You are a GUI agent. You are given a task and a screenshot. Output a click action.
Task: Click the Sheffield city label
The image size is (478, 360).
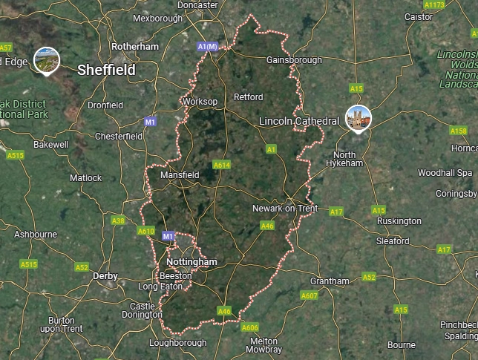tap(107, 70)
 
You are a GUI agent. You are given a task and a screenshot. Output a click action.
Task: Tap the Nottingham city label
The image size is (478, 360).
tap(192, 262)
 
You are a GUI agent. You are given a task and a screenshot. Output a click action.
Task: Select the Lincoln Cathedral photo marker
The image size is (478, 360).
tap(358, 118)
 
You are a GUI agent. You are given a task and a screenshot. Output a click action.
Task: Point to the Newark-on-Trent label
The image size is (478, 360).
tap(285, 209)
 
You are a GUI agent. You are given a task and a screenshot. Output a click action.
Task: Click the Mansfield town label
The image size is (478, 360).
tap(180, 175)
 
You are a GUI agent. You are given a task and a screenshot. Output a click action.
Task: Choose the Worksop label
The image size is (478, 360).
tap(199, 101)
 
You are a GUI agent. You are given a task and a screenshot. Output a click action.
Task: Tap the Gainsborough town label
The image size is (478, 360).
tap(294, 60)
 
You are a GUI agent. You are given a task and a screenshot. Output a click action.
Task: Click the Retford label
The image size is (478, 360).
tap(249, 97)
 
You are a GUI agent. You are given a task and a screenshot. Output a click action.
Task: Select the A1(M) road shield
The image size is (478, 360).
tap(208, 47)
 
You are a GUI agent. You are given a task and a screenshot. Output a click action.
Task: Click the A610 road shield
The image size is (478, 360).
tap(145, 231)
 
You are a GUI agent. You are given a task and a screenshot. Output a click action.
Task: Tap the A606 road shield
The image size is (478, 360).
tap(250, 327)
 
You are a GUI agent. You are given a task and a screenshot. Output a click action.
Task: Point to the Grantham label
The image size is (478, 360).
tap(330, 281)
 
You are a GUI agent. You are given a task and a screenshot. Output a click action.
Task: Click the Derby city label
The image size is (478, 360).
tap(105, 275)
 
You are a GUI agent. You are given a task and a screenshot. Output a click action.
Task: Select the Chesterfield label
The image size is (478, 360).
tap(119, 137)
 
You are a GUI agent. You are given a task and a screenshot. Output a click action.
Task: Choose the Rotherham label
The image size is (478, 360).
tap(135, 46)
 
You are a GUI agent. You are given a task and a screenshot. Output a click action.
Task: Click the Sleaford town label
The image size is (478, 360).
tap(393, 241)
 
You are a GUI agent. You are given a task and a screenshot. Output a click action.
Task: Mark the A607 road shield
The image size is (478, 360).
tap(310, 296)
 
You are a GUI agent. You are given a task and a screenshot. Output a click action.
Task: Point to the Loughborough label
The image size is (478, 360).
tap(178, 343)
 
